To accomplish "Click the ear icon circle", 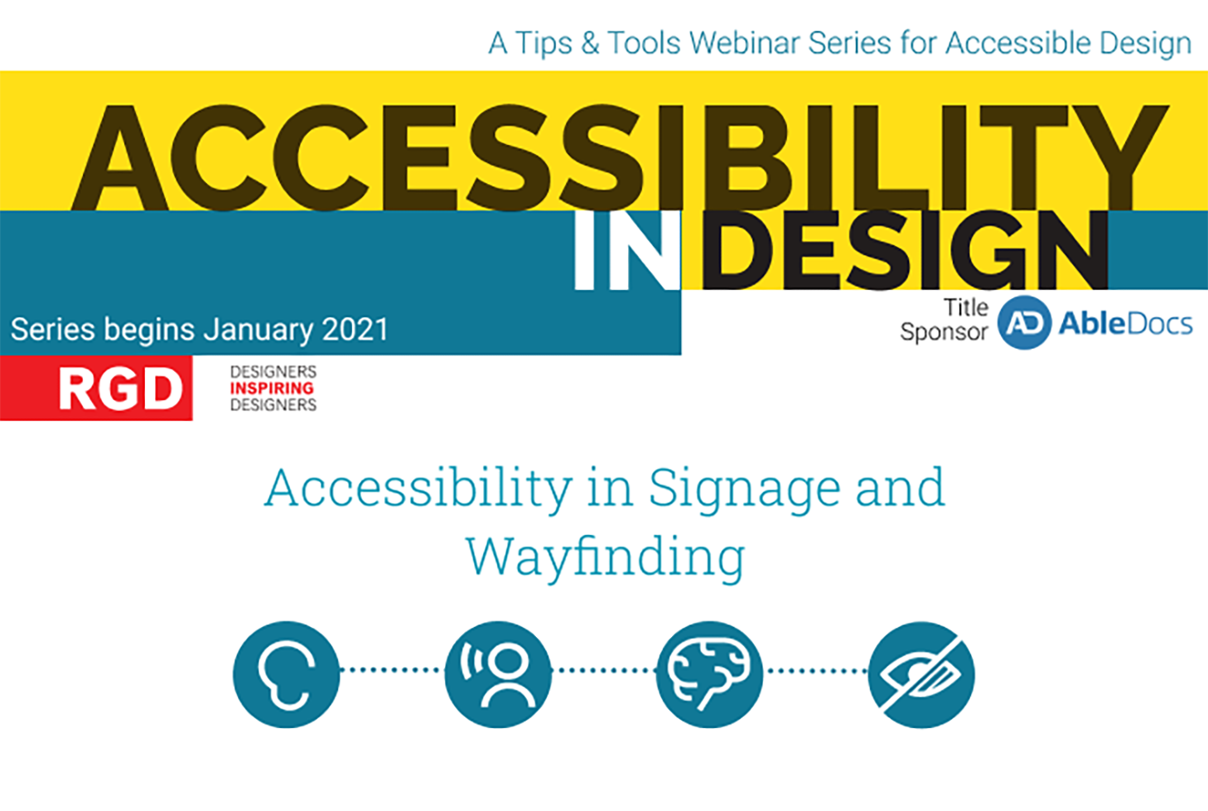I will [x=286, y=674].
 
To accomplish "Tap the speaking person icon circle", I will [x=498, y=674].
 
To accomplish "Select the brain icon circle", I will [x=709, y=674].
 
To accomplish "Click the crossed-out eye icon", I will [x=921, y=674].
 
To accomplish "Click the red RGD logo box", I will [x=97, y=389].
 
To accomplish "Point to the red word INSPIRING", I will [x=272, y=389].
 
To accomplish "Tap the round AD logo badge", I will [x=1024, y=322].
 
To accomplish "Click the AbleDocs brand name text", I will [x=1126, y=323].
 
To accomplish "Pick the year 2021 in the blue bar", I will [x=355, y=330].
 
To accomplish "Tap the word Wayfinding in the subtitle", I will [x=605, y=558].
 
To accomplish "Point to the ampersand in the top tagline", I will [x=590, y=44].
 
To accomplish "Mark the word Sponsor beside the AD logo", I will [x=944, y=332].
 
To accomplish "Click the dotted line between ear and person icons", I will [x=392, y=670].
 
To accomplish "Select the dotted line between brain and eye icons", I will [x=815, y=670].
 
